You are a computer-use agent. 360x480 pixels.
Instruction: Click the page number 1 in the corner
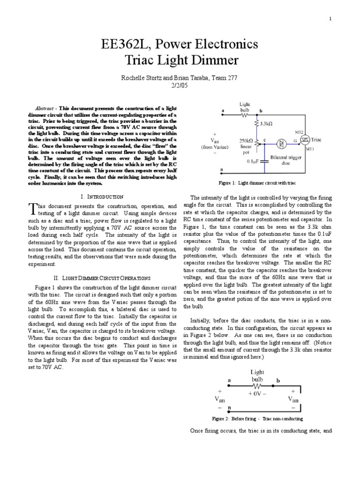[330, 18]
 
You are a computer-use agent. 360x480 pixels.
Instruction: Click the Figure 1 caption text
[257, 182]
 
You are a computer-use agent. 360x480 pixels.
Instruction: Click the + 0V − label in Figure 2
[257, 394]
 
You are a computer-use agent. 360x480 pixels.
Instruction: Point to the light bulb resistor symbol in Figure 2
[257, 385]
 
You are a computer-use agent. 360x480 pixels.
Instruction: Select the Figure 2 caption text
[257, 419]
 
